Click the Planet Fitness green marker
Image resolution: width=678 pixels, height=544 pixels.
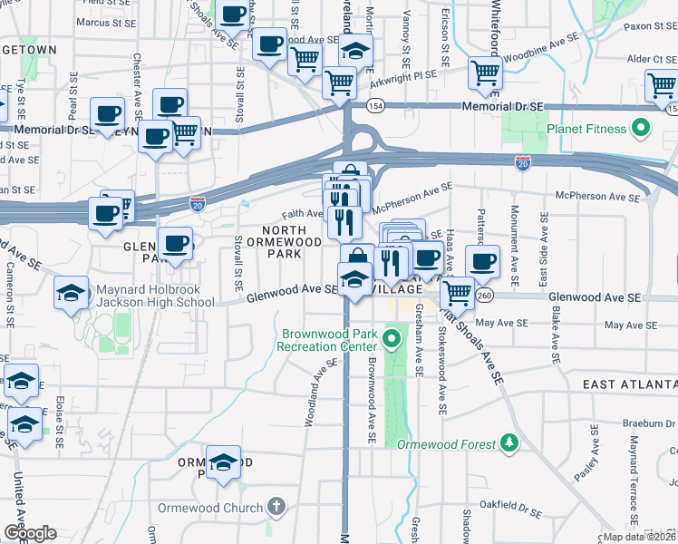(x=643, y=129)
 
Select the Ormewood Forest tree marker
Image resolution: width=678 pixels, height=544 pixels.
(x=509, y=443)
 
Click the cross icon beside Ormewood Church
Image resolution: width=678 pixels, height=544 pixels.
(x=277, y=508)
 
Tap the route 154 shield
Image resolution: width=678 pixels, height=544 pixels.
(x=373, y=106)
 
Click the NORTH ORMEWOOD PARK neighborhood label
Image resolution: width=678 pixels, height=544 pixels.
(x=292, y=242)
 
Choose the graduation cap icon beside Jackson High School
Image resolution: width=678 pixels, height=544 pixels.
(x=72, y=293)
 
